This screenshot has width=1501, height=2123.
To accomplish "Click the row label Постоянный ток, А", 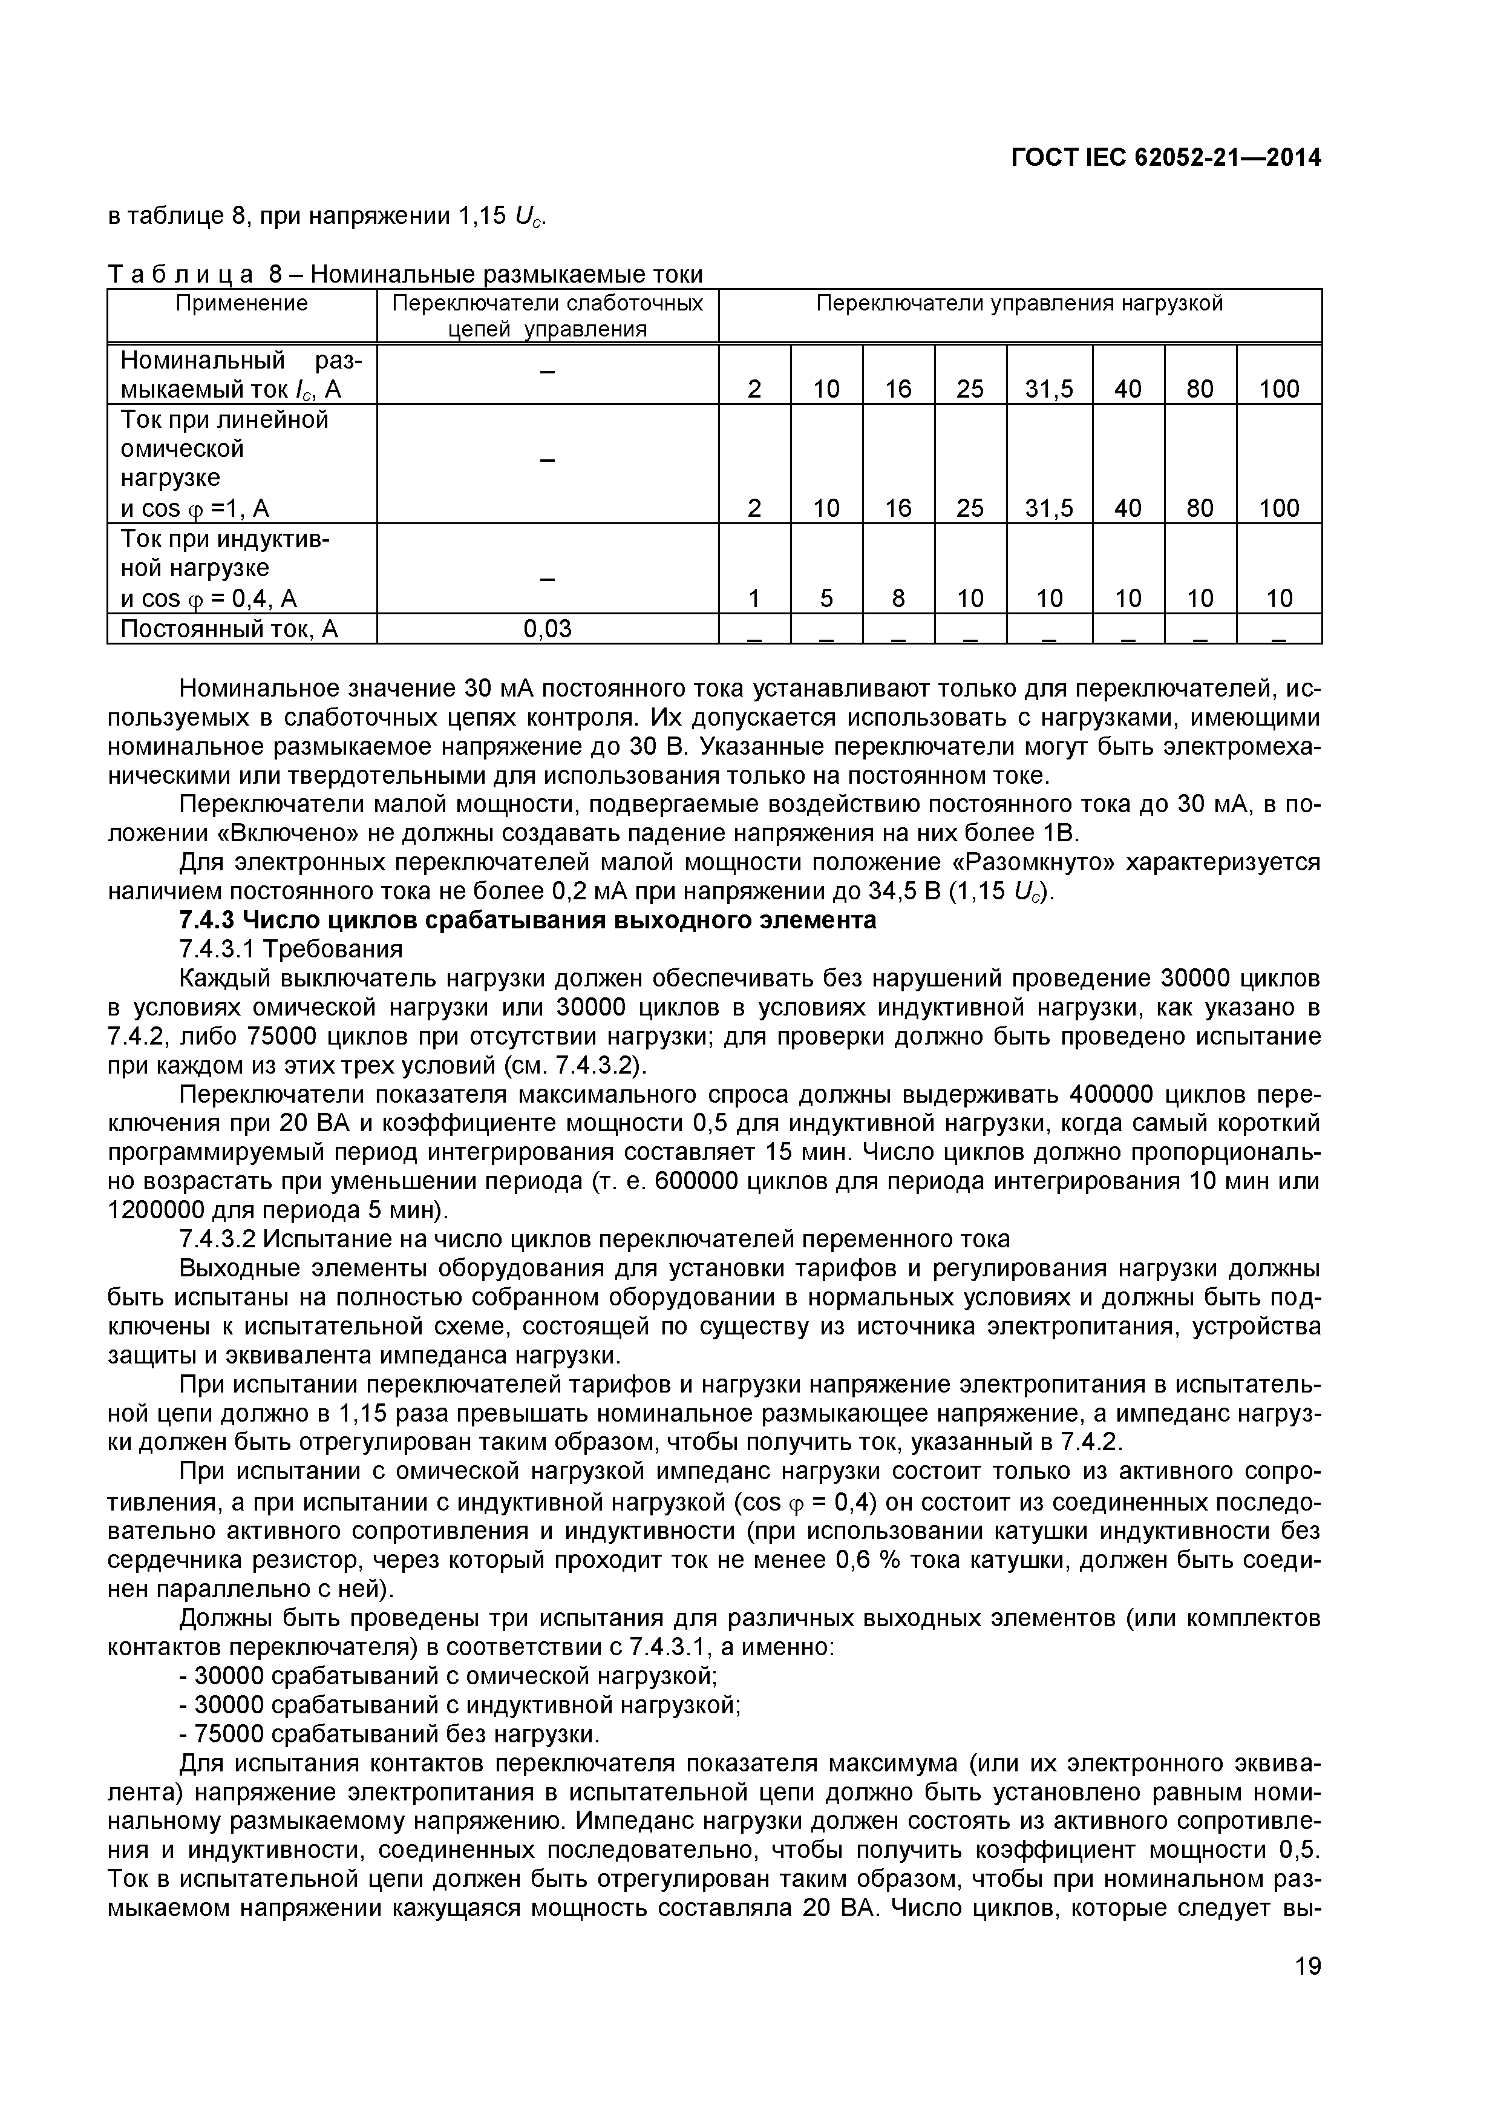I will pyautogui.click(x=229, y=629).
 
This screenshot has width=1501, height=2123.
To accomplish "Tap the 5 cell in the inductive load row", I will pyautogui.click(x=826, y=599).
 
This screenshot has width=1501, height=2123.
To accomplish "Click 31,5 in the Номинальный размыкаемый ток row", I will pyautogui.click(x=1049, y=389).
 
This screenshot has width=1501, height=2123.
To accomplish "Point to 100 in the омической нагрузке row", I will pyautogui.click(x=1278, y=508).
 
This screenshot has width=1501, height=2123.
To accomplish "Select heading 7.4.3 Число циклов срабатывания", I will pyautogui.click(x=527, y=921).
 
